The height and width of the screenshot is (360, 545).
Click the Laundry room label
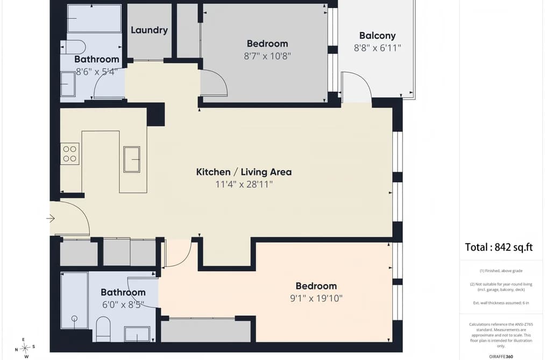(149, 30)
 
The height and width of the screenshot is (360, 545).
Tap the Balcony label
(378, 36)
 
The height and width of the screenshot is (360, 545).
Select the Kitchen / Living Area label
(244, 172)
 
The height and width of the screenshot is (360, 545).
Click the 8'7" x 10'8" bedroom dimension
(267, 56)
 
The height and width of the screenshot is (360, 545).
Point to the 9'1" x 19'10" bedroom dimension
(316, 298)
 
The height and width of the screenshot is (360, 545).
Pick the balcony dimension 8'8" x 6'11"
(378, 48)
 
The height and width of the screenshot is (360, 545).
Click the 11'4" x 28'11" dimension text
(244, 184)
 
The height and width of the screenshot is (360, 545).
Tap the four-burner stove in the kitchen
(69, 153)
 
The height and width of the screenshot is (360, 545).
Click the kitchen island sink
(132, 159)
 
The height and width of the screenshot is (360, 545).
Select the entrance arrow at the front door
(51, 218)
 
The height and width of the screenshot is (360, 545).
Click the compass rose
(25, 348)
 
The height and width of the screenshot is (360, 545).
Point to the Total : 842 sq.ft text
(499, 247)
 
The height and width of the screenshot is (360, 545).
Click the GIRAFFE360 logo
(501, 357)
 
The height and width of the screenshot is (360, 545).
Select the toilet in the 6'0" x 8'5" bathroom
(103, 329)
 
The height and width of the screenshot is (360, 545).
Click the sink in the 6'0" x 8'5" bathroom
(137, 334)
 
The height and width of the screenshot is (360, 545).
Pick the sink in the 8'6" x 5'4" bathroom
(68, 84)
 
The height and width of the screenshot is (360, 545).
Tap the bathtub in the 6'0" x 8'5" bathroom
(74, 300)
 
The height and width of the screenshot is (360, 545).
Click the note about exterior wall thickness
(501, 302)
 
